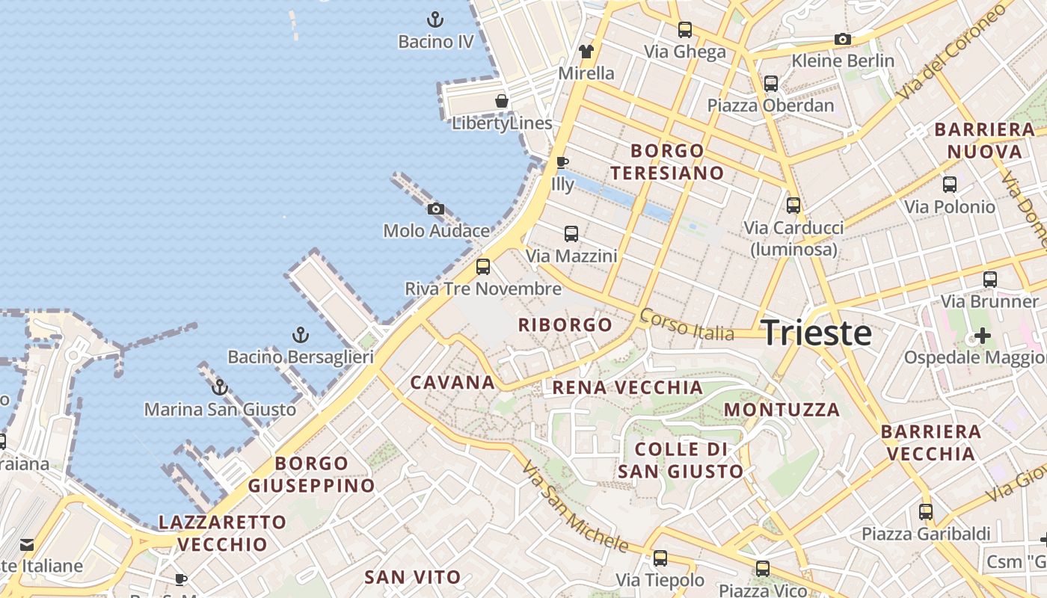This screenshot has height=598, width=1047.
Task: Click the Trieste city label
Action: pyautogui.click(x=816, y=333)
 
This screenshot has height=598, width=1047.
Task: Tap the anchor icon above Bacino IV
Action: pyautogui.click(x=435, y=19)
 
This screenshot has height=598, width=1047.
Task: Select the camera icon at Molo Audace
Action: pyautogui.click(x=435, y=209)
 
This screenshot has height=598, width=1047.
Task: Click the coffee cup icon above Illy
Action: pyautogui.click(x=562, y=162)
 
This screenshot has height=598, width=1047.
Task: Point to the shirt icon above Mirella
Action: pyautogui.click(x=586, y=52)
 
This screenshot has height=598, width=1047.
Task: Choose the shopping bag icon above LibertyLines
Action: pyautogui.click(x=502, y=101)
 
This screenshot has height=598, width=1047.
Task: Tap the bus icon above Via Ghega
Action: pyautogui.click(x=685, y=30)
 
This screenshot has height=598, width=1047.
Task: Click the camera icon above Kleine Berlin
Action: pyautogui.click(x=843, y=39)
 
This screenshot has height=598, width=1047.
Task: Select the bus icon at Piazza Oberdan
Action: pyautogui.click(x=771, y=84)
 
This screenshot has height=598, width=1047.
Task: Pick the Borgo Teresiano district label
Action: pyautogui.click(x=667, y=161)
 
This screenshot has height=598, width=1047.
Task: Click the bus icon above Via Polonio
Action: pyautogui.click(x=950, y=185)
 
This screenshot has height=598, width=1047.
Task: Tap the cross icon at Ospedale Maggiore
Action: pyautogui.click(x=983, y=336)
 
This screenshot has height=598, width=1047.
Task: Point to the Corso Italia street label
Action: pyautogui.click(x=687, y=325)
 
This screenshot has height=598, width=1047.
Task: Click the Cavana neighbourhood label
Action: pyautogui.click(x=452, y=383)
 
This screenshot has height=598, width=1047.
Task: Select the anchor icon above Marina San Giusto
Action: pyautogui.click(x=220, y=387)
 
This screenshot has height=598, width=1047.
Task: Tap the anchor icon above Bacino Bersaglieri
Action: pyautogui.click(x=300, y=335)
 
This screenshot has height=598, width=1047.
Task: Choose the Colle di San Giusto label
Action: pyautogui.click(x=681, y=460)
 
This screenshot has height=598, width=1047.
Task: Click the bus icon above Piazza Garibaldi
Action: pyautogui.click(x=926, y=512)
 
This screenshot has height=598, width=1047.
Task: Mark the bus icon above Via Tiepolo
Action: pyautogui.click(x=660, y=558)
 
